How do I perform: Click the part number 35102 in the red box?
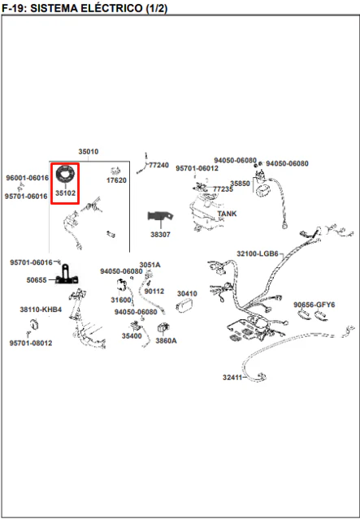(x=65, y=193)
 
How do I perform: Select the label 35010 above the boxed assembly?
(x=88, y=152)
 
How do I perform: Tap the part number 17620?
(x=116, y=180)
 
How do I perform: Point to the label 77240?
(x=158, y=165)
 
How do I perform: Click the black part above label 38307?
(x=160, y=217)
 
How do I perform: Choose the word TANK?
(x=227, y=214)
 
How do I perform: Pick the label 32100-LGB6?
(x=258, y=254)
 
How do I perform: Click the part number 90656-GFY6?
(x=314, y=305)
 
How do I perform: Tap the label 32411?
(x=232, y=378)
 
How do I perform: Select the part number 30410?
(x=187, y=293)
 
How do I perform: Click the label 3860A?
(x=166, y=340)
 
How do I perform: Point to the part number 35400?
(x=132, y=336)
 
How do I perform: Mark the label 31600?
(x=121, y=300)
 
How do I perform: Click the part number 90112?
(x=154, y=292)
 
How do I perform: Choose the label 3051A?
(x=150, y=265)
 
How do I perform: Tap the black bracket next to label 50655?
(x=67, y=276)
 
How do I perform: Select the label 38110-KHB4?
(x=41, y=309)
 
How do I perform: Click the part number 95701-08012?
(x=31, y=343)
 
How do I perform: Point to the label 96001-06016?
(x=27, y=178)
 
